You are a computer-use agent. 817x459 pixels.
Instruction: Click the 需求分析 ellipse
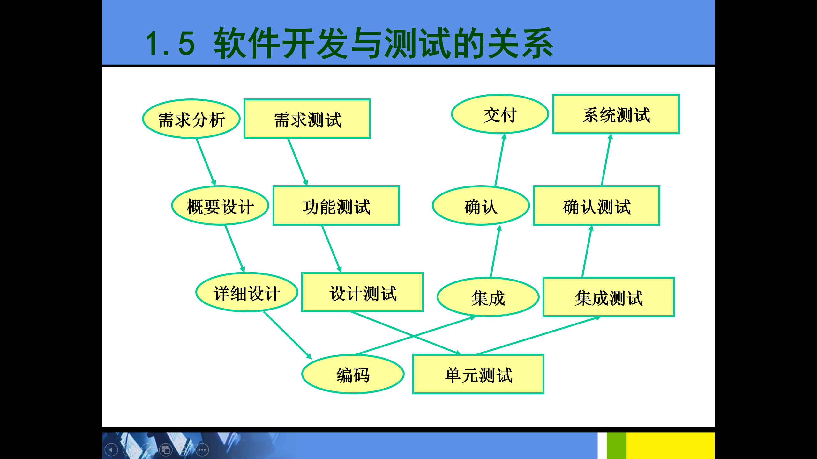pyautogui.click(x=191, y=119)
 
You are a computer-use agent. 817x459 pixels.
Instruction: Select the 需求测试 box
pyautogui.click(x=307, y=119)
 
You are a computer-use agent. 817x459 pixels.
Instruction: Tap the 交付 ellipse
pyautogui.click(x=500, y=114)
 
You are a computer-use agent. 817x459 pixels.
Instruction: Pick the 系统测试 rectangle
pyautogui.click(x=616, y=114)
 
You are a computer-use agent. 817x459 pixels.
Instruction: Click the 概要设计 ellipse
pyautogui.click(x=220, y=206)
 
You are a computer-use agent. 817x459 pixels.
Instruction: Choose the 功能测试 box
pyautogui.click(x=336, y=206)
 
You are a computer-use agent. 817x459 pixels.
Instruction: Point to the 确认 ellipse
pyautogui.click(x=481, y=206)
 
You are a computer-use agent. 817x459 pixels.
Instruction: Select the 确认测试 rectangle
pyautogui.click(x=596, y=206)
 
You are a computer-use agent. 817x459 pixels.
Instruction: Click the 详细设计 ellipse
pyautogui.click(x=247, y=292)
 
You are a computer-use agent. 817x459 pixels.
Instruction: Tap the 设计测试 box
pyautogui.click(x=363, y=292)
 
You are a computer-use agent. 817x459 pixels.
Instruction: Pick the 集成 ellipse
pyautogui.click(x=488, y=297)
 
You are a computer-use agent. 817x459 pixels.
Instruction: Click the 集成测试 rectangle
pyautogui.click(x=609, y=297)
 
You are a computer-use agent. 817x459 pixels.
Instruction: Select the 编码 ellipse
pyautogui.click(x=353, y=374)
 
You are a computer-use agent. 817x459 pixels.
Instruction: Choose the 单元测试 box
pyautogui.click(x=478, y=374)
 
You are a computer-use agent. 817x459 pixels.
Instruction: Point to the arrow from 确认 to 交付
pyautogui.click(x=500, y=160)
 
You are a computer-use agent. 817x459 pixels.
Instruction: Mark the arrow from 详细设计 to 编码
pyautogui.click(x=287, y=335)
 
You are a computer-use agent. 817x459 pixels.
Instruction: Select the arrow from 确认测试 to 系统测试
pyautogui.click(x=606, y=160)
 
